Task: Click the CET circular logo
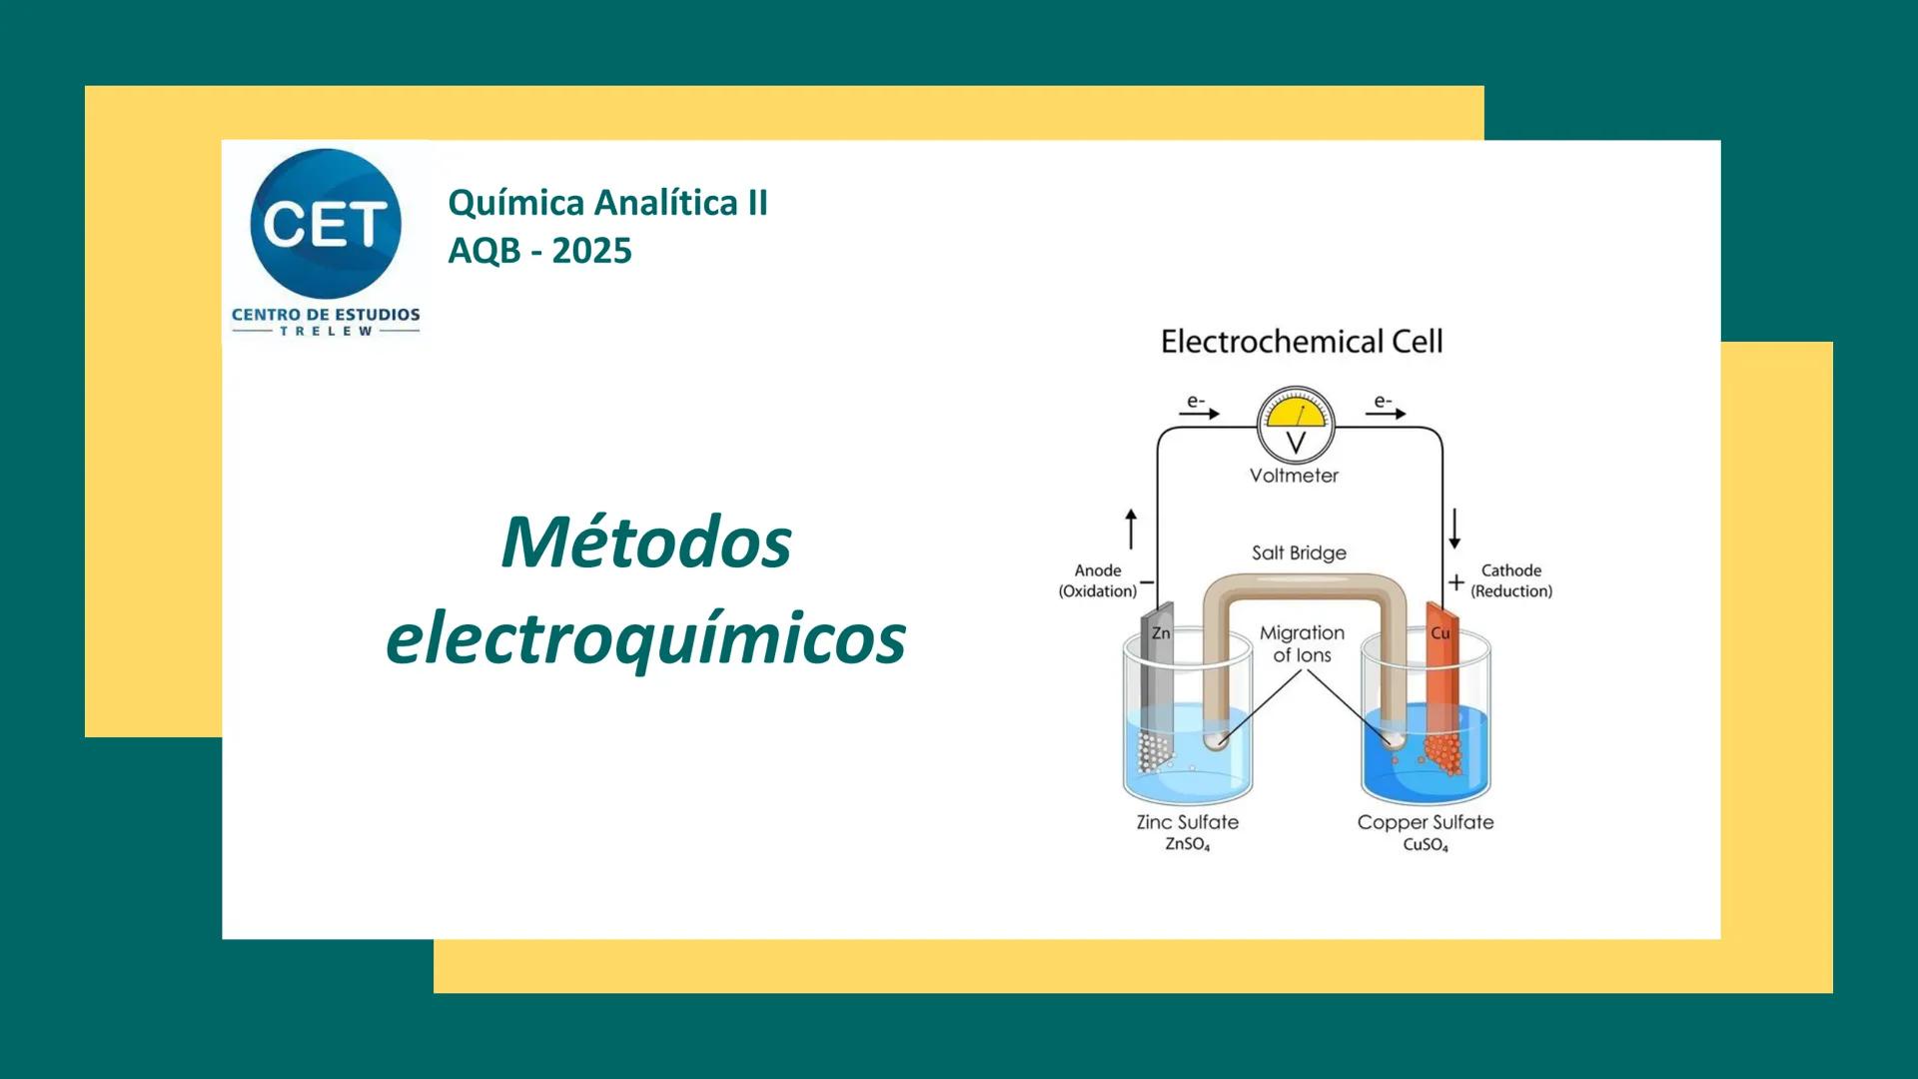click(326, 224)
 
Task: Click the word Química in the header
click(515, 203)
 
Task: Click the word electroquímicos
click(646, 639)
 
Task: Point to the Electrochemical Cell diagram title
click(1302, 342)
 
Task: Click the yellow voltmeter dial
click(1296, 415)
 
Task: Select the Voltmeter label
click(1294, 477)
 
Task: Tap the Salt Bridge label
click(1299, 552)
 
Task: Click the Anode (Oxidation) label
click(1098, 580)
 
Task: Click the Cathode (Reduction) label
click(1511, 580)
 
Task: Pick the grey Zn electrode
click(1158, 679)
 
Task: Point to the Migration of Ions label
click(1302, 643)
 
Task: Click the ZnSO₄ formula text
click(1188, 845)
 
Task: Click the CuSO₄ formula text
click(1426, 845)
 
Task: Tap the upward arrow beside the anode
click(1131, 528)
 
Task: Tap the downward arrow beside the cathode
click(1454, 528)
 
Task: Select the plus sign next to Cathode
click(1456, 581)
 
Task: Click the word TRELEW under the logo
click(326, 332)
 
